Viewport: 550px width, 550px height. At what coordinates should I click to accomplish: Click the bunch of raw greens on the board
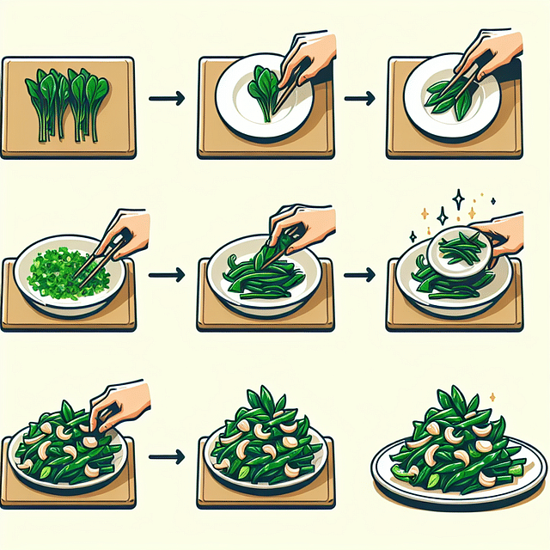[68, 102]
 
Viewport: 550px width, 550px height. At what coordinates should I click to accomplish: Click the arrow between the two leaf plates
[359, 100]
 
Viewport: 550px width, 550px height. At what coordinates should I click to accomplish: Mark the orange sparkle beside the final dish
[492, 396]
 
